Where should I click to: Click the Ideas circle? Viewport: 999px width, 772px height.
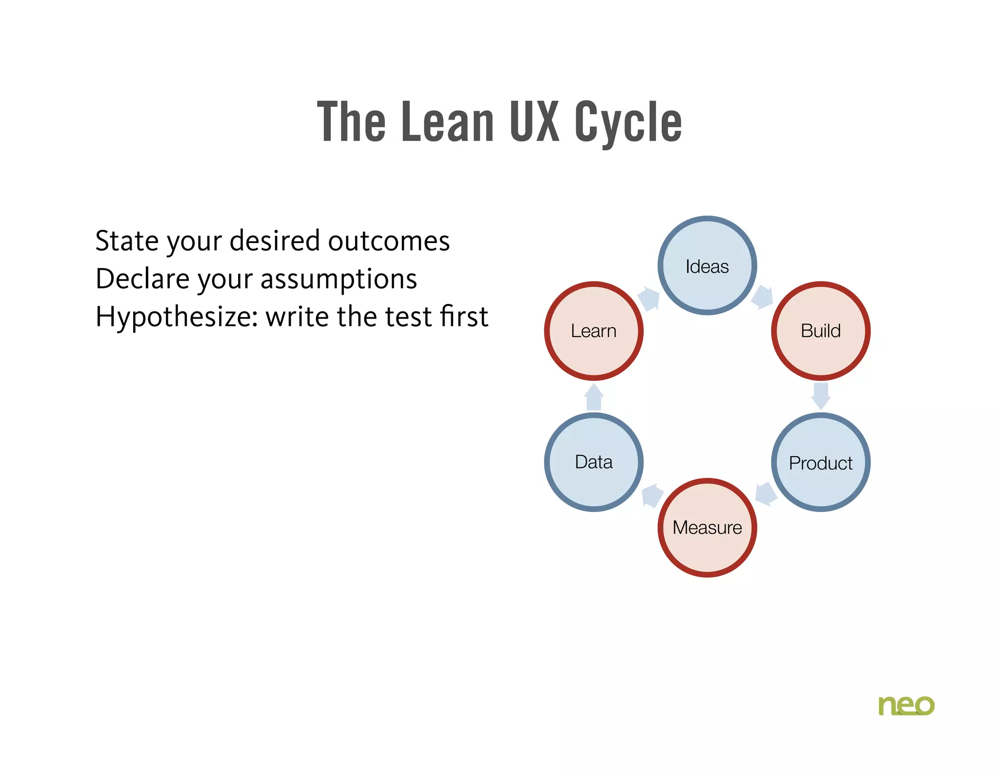(x=707, y=266)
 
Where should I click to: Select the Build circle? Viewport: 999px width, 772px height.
(x=820, y=331)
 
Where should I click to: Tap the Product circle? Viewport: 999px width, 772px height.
(x=820, y=462)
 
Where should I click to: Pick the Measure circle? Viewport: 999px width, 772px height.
(x=707, y=528)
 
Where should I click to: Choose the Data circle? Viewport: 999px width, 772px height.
(x=594, y=462)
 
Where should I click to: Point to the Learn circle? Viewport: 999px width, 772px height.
(x=594, y=331)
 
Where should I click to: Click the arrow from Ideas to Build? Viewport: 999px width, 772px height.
(x=762, y=297)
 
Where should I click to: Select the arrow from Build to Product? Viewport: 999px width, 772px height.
(x=821, y=396)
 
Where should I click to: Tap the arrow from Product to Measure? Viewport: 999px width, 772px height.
(x=766, y=494)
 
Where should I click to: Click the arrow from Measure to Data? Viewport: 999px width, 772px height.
(x=652, y=495)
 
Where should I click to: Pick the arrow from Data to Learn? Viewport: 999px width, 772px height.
(x=594, y=397)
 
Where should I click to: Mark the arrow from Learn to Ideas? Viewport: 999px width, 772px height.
(x=649, y=298)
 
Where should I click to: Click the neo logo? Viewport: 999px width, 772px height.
(x=906, y=705)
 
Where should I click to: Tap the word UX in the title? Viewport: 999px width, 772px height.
(x=534, y=122)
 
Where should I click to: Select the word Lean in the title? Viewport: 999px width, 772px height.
(x=447, y=122)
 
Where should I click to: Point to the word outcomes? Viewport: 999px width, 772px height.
(x=389, y=241)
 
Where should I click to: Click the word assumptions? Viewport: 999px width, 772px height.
(x=339, y=279)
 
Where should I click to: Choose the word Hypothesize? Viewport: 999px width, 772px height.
(x=176, y=317)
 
